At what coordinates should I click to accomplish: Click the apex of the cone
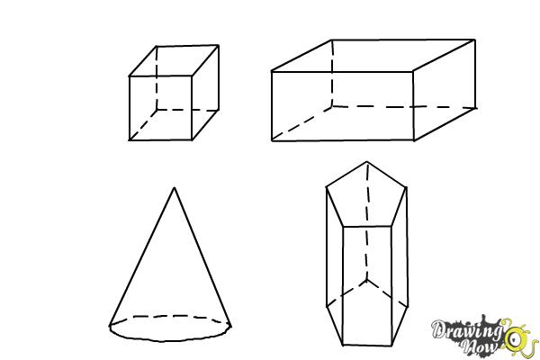174,188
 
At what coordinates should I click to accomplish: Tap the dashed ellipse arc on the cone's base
169,318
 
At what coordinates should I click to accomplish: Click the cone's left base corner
111,325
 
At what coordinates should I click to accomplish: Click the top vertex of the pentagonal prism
366,162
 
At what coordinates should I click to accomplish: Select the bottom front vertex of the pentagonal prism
345,346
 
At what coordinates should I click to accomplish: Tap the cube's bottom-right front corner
192,139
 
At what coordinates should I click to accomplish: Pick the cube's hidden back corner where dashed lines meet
154,111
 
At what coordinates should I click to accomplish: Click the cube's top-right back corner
219,46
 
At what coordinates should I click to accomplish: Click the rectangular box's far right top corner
474,40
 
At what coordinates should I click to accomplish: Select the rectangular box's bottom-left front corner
272,140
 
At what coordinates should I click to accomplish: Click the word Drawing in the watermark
466,328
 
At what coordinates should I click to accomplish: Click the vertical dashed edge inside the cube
155,81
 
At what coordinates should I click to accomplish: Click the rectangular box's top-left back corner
333,40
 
